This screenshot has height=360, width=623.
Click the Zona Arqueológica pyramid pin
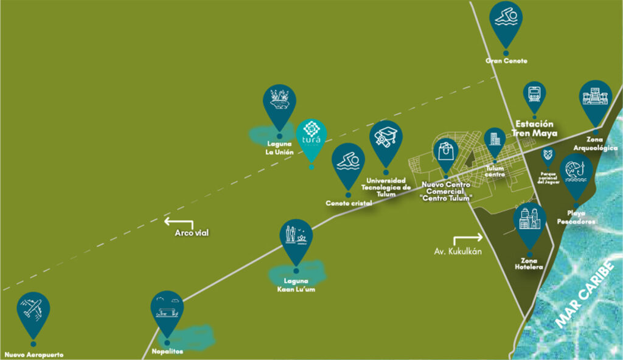tap(595, 98)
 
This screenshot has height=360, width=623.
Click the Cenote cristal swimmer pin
tap(348, 161)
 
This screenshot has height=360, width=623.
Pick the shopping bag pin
tap(446, 153)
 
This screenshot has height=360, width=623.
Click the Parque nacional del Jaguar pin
tap(548, 156)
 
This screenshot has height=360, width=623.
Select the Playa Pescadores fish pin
tap(576, 171)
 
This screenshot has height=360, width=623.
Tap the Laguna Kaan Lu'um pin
tap(296, 238)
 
